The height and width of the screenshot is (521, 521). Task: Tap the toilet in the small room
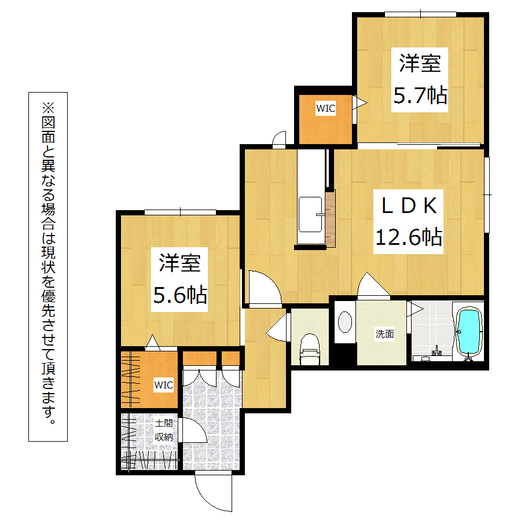tap(310, 349)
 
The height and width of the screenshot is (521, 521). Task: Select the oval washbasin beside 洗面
tap(345, 322)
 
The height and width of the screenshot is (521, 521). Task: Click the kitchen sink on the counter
tap(310, 215)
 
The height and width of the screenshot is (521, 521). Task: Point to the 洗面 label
tap(384, 333)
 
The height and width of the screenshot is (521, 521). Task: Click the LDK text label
tap(409, 206)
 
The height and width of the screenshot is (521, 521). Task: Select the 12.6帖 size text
tap(409, 237)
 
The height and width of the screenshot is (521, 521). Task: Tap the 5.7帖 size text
tap(420, 96)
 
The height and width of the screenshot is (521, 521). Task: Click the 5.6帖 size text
tap(180, 295)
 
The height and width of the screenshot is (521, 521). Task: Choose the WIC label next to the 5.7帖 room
tap(325, 108)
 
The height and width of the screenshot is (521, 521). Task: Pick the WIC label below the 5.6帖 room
tap(163, 385)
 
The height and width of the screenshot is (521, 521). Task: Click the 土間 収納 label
tap(164, 430)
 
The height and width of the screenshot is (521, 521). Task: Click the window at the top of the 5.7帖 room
tap(420, 14)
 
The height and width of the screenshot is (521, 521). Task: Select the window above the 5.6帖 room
tap(180, 212)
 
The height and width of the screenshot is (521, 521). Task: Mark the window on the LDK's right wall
tap(487, 195)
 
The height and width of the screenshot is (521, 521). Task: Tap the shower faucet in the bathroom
tap(436, 351)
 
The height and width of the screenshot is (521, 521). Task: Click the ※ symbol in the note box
tap(48, 108)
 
